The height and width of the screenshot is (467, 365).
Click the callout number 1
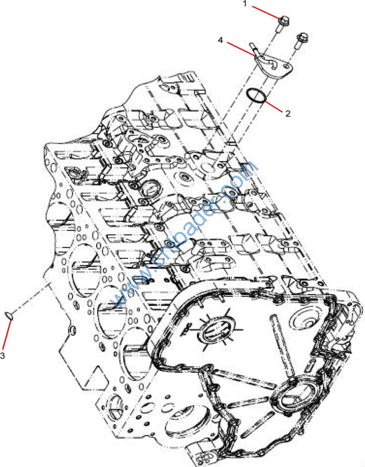(245, 4)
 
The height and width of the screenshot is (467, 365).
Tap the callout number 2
(288, 114)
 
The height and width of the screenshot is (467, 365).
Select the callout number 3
(2, 355)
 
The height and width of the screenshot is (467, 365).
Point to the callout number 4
(221, 40)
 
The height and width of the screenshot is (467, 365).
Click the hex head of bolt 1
(283, 21)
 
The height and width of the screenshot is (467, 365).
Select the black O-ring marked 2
(256, 96)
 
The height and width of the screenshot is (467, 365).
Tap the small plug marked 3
(9, 316)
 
